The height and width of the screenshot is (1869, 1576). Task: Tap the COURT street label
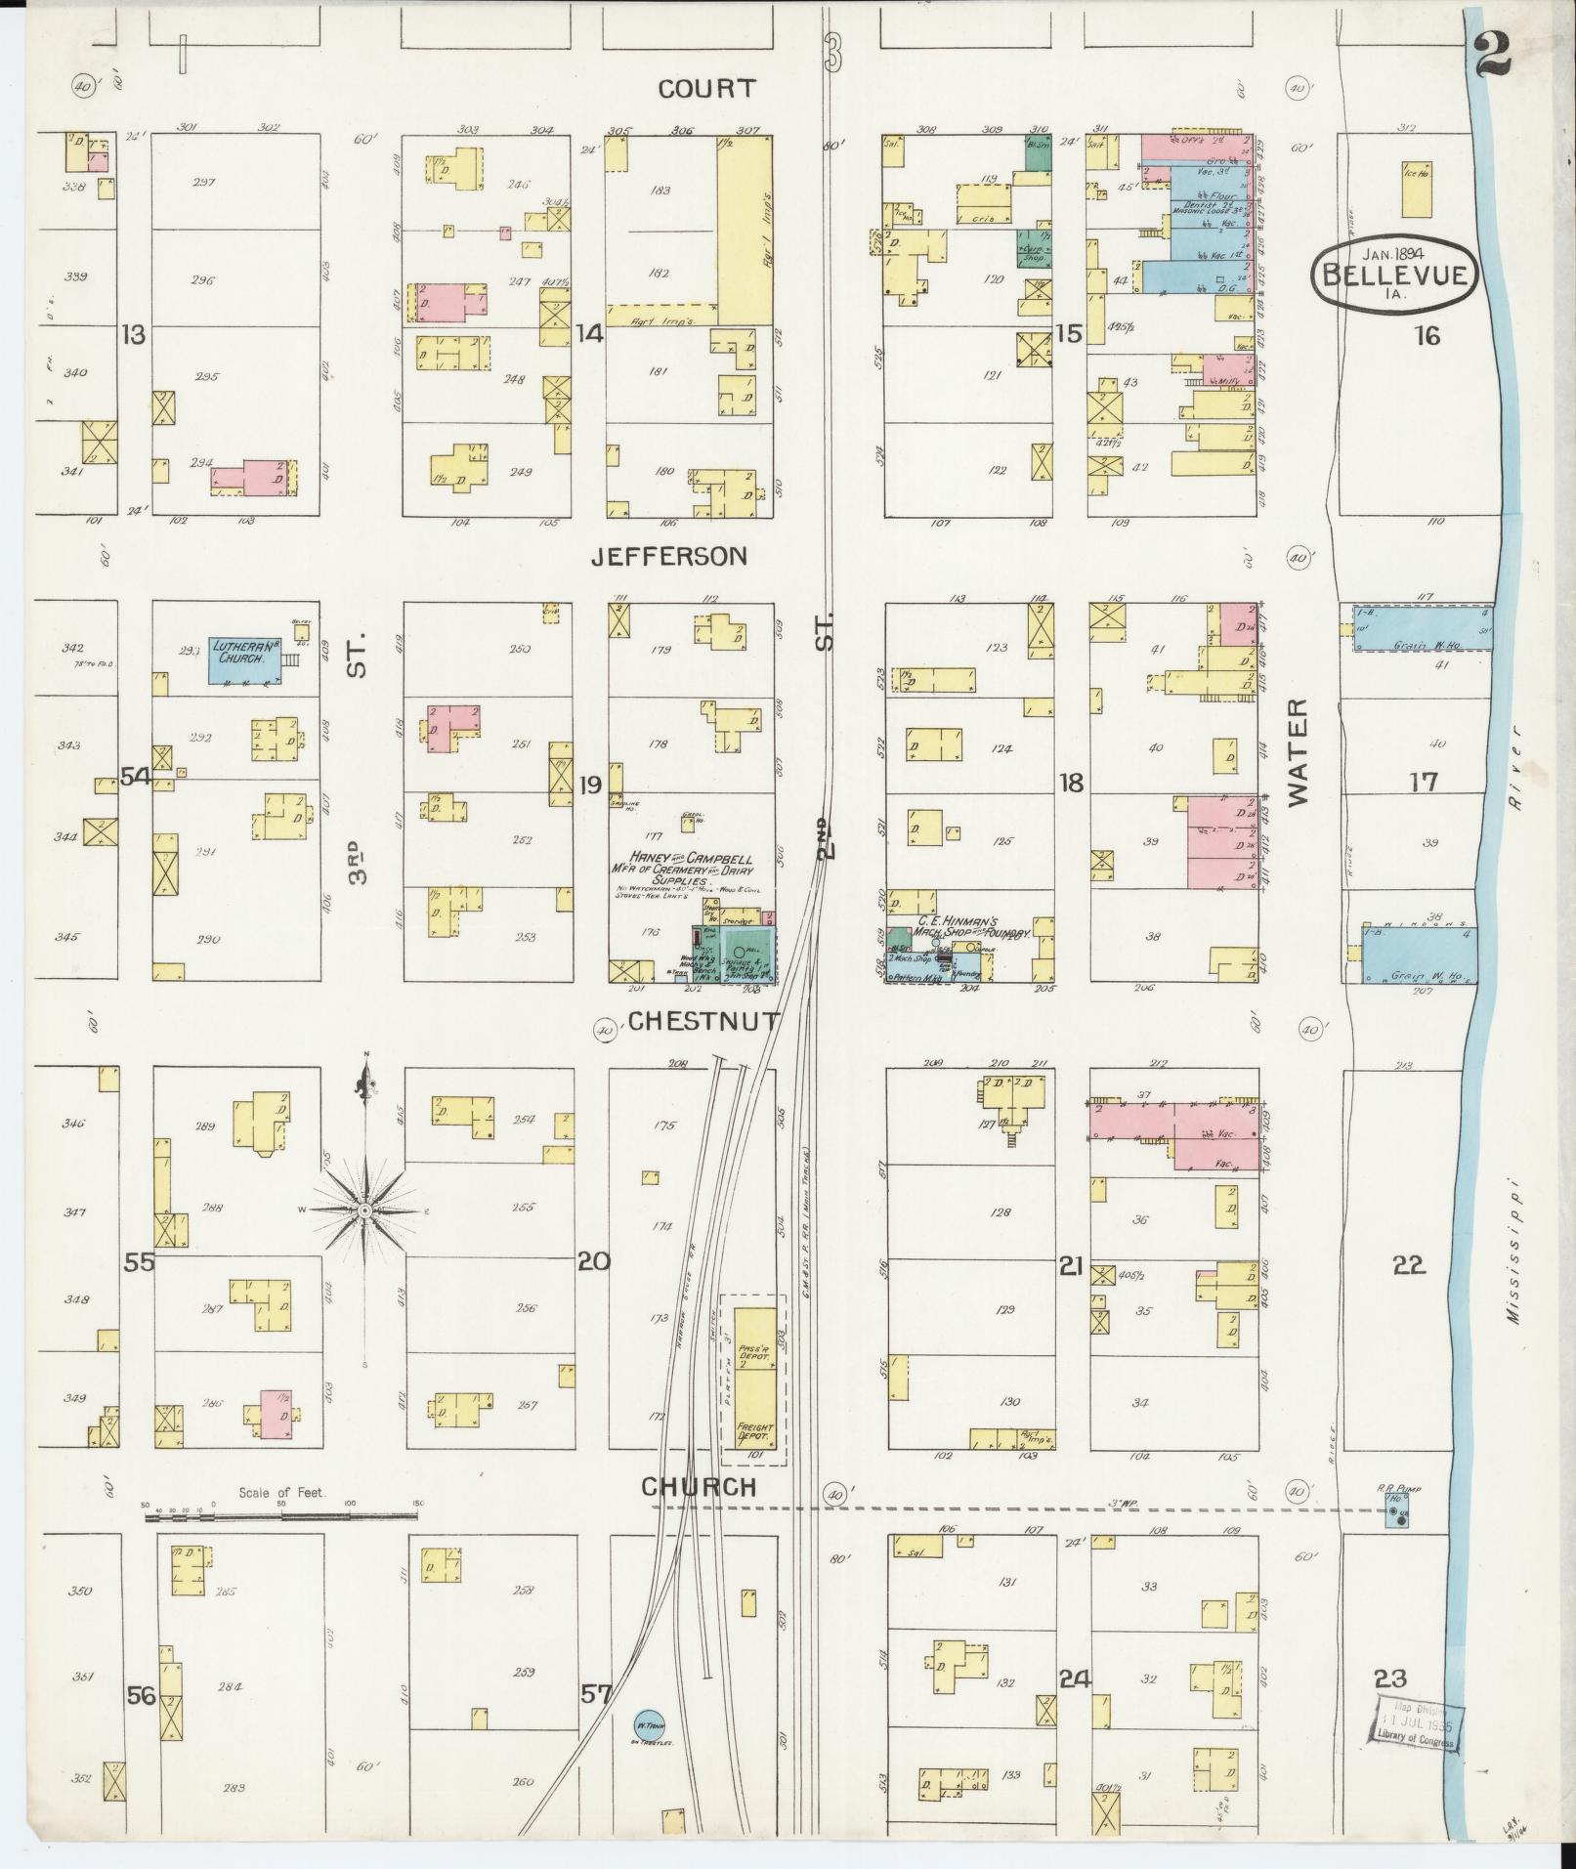point(705,89)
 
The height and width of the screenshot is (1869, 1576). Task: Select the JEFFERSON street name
point(669,557)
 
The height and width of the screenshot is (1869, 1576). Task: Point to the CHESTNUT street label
point(703,1022)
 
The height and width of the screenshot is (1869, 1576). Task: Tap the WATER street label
point(1296,752)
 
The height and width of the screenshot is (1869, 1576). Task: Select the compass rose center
point(364,1211)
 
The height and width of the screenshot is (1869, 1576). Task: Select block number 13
point(133,335)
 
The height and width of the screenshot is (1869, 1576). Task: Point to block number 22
point(1409,1265)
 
